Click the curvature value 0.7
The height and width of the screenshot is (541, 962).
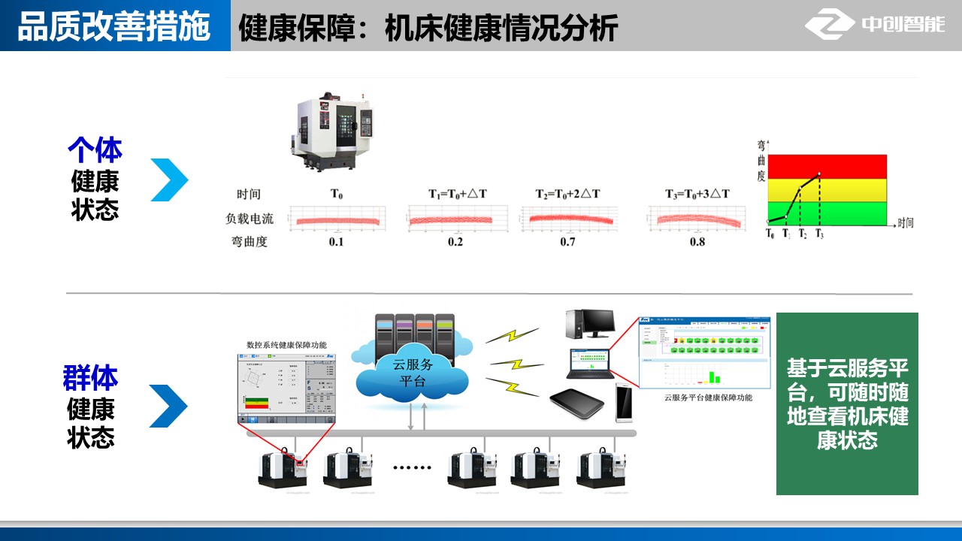tap(567, 242)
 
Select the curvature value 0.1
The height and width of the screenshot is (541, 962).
tap(336, 242)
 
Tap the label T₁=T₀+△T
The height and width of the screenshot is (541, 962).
tap(458, 194)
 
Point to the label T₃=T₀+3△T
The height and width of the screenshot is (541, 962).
tap(697, 194)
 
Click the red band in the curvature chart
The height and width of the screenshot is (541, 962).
tap(827, 166)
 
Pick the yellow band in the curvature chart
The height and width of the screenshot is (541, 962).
tap(827, 190)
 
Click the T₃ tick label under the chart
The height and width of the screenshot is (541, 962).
tap(819, 234)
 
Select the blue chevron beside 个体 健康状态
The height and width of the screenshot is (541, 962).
tap(169, 180)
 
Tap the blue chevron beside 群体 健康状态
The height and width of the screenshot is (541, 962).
tap(168, 406)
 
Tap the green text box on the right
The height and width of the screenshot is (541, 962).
tap(847, 403)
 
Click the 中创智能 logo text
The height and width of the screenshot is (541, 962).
tap(903, 25)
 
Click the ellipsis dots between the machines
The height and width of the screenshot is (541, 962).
tap(413, 467)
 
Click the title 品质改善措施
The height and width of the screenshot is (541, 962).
tap(113, 26)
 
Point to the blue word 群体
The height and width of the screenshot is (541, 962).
tap(90, 379)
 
